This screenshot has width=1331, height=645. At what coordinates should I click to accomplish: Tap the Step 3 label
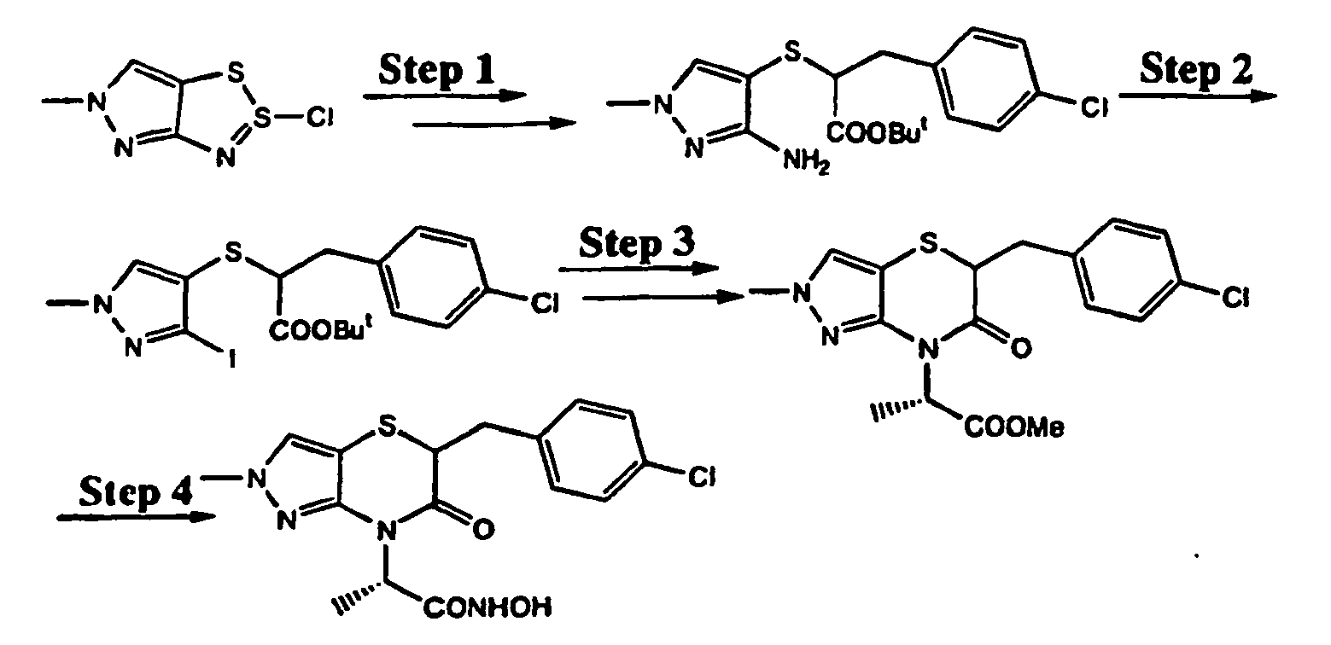(x=637, y=244)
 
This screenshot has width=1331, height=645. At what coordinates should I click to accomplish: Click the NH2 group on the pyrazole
(x=806, y=161)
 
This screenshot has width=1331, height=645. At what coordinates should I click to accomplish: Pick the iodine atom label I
(x=232, y=358)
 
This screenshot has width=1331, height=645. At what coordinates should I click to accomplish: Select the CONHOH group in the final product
(x=487, y=608)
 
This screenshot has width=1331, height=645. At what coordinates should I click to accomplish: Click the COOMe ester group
(x=1014, y=428)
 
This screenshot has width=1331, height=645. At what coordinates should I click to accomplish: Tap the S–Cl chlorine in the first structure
(x=320, y=119)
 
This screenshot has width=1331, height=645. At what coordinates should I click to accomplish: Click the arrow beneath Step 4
(x=136, y=517)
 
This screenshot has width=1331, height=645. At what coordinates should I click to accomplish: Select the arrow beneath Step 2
(x=1198, y=96)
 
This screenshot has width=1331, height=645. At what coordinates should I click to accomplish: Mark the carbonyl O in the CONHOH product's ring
(x=483, y=529)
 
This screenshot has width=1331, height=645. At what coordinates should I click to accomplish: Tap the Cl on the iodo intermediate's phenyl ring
(x=545, y=304)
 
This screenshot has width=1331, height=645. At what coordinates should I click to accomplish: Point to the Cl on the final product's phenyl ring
(x=702, y=476)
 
